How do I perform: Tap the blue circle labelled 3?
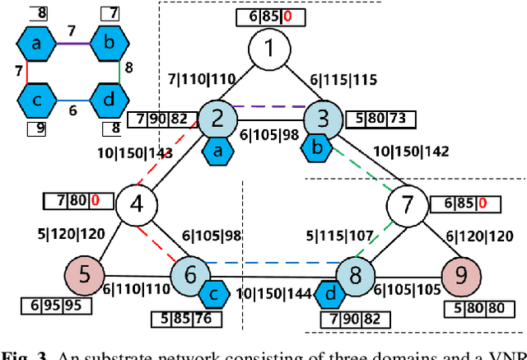coord(324,120)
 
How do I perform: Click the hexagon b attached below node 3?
coord(317,148)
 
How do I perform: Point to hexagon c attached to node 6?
coord(215,292)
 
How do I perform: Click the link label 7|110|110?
coord(201,80)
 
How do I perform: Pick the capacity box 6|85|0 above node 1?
coord(268,16)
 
